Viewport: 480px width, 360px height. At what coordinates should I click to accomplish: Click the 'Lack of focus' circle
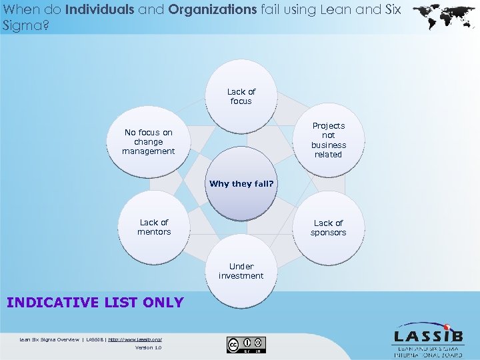(x=241, y=97)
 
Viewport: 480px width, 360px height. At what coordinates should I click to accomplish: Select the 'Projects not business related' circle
(x=328, y=140)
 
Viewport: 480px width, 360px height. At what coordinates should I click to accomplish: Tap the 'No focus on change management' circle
(x=148, y=142)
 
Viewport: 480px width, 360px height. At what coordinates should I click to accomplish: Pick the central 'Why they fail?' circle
(x=241, y=184)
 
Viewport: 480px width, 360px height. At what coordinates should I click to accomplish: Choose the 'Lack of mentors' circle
(x=154, y=227)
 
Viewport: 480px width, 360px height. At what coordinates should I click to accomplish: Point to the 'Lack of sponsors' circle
(x=328, y=227)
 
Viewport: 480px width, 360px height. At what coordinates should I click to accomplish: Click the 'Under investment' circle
(x=241, y=271)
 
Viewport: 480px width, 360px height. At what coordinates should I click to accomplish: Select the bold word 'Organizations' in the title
(x=213, y=10)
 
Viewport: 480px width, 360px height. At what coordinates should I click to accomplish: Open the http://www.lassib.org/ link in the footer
(x=135, y=339)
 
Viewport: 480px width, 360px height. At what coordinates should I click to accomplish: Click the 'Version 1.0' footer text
(x=148, y=347)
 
